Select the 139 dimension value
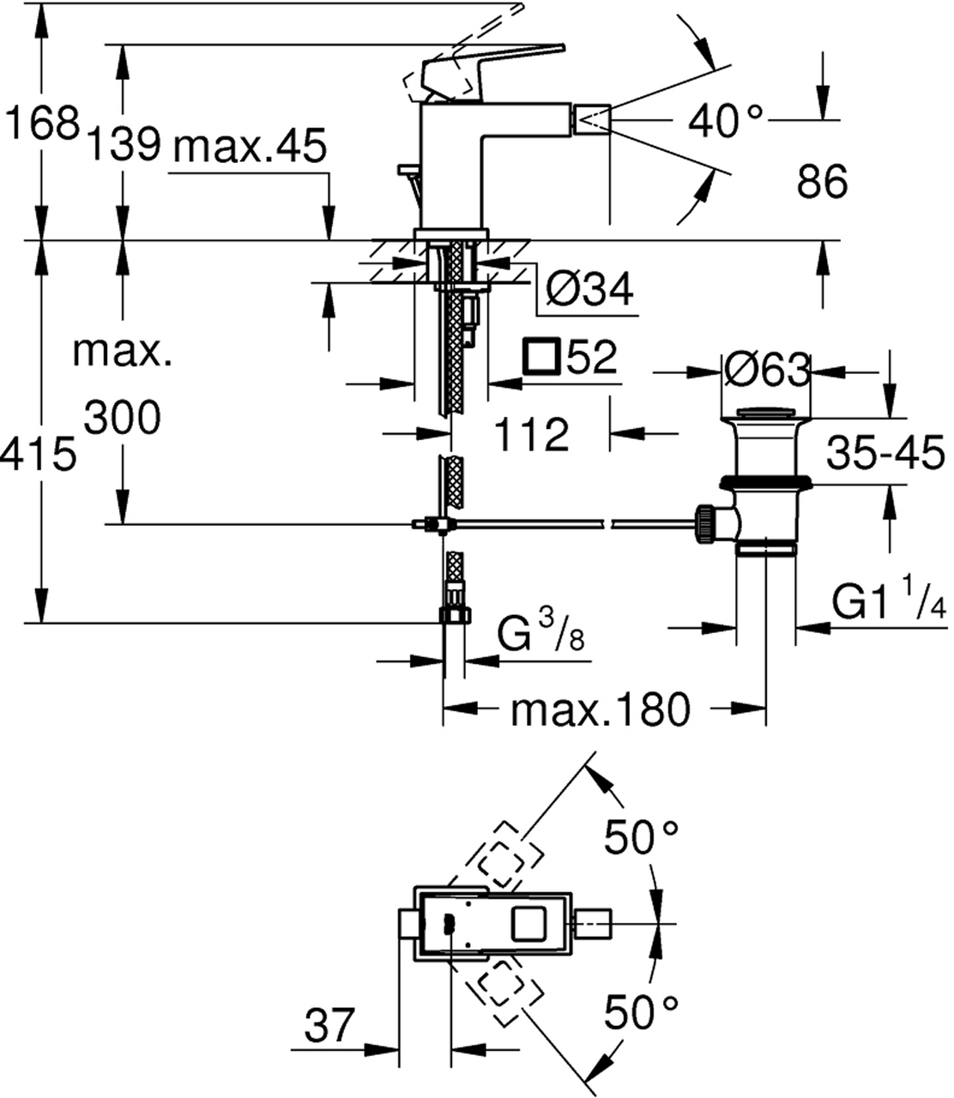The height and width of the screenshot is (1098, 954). click(124, 144)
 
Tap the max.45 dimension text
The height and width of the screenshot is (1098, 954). click(250, 146)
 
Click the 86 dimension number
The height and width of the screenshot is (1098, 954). click(822, 181)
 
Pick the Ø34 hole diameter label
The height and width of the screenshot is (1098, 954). click(589, 289)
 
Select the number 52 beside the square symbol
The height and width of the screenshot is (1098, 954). click(591, 356)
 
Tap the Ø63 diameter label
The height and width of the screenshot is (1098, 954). click(767, 370)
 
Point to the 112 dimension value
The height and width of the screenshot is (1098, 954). click(531, 434)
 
